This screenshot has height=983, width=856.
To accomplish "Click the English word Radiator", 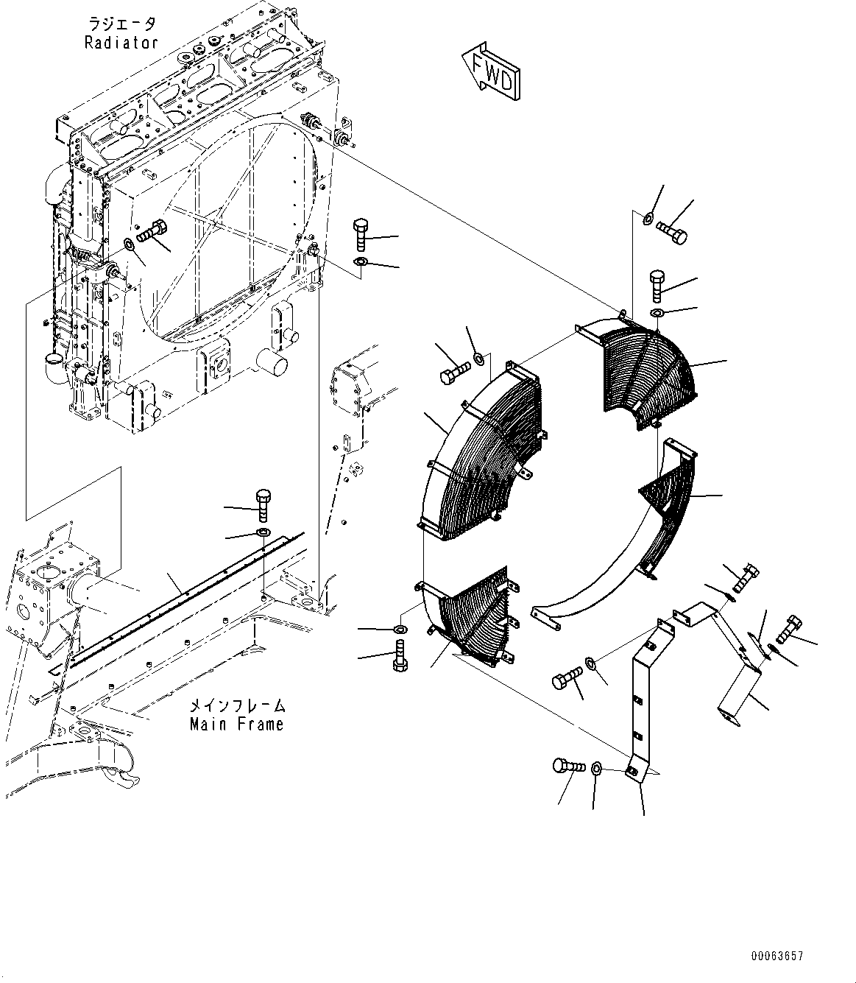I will (121, 42).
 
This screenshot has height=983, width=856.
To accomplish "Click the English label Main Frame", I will (236, 724).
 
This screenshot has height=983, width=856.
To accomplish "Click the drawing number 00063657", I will (777, 956).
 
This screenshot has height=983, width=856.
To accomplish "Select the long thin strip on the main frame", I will (184, 589).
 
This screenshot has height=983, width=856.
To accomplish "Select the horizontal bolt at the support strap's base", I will (567, 767).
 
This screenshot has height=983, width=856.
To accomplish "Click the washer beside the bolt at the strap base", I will (597, 769).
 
